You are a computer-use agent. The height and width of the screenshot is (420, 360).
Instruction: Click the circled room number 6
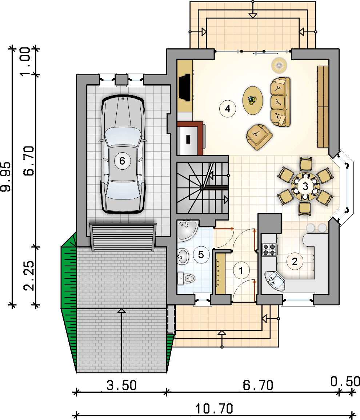[122, 161]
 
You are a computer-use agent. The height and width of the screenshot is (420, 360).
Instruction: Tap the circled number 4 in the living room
[228, 109]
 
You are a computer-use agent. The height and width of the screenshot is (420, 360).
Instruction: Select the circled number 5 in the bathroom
[201, 254]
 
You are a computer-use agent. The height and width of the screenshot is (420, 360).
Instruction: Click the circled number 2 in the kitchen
[295, 262]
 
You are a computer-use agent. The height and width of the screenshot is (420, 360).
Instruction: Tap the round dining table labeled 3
[305, 186]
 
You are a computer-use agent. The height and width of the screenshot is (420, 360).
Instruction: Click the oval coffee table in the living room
[252, 100]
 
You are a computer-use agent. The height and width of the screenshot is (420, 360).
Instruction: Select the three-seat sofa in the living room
[280, 102]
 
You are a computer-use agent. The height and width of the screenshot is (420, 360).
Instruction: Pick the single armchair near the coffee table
[259, 136]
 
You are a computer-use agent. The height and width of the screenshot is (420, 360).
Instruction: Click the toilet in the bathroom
[186, 279]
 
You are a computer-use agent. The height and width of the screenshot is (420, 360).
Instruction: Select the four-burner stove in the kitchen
[269, 249]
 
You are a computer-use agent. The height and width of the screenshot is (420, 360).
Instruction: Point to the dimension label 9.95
[6, 177]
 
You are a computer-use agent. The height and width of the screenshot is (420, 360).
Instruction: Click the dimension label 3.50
[122, 385]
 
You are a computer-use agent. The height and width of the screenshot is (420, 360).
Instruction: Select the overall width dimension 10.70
[214, 409]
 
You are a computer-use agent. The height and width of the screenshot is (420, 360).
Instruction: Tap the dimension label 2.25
[29, 276]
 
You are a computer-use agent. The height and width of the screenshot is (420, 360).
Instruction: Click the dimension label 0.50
[345, 382]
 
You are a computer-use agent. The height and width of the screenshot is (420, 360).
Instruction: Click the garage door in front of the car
[123, 237]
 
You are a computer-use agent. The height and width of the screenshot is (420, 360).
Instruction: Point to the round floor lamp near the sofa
[279, 65]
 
